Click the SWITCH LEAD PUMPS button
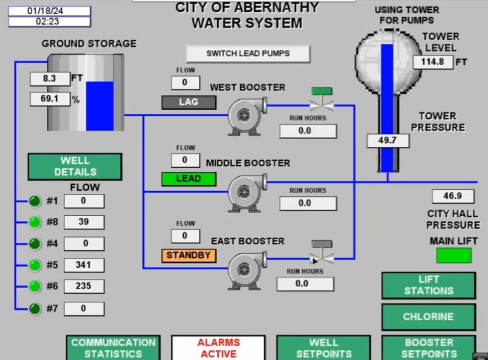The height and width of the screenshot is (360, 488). pos(248,54)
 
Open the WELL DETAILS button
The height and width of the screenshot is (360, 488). pos(75,167)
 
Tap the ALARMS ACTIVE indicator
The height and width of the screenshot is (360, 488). pos(218,348)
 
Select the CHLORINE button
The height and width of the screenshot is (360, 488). pos(428,317)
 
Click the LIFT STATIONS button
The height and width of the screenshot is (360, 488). pos(428,285)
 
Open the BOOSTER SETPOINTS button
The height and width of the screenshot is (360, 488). pos(428,348)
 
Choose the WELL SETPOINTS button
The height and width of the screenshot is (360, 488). pos(323,348)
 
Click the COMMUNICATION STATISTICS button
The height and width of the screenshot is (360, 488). pos(113,348)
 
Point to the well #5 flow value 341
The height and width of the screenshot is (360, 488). pos(84,265)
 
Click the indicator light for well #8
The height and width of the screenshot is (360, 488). pos(35,222)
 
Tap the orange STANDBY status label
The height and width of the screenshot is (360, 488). pos(189,255)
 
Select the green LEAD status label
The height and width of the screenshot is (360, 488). pos(189,179)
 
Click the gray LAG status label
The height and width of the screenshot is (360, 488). pos(189,102)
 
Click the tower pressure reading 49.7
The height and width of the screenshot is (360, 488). pos(388,140)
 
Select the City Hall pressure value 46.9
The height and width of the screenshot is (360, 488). pos(453,196)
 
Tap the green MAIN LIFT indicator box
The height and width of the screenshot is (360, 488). pos(454,255)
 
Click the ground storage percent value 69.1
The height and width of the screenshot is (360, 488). pos(49,99)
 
